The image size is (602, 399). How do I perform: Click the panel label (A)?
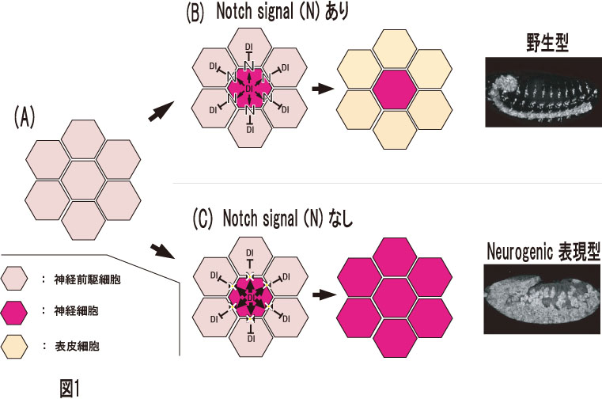coord(24,118)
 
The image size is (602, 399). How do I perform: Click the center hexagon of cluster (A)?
coord(81,180)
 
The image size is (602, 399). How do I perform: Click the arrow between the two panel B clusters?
coord(320,89)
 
